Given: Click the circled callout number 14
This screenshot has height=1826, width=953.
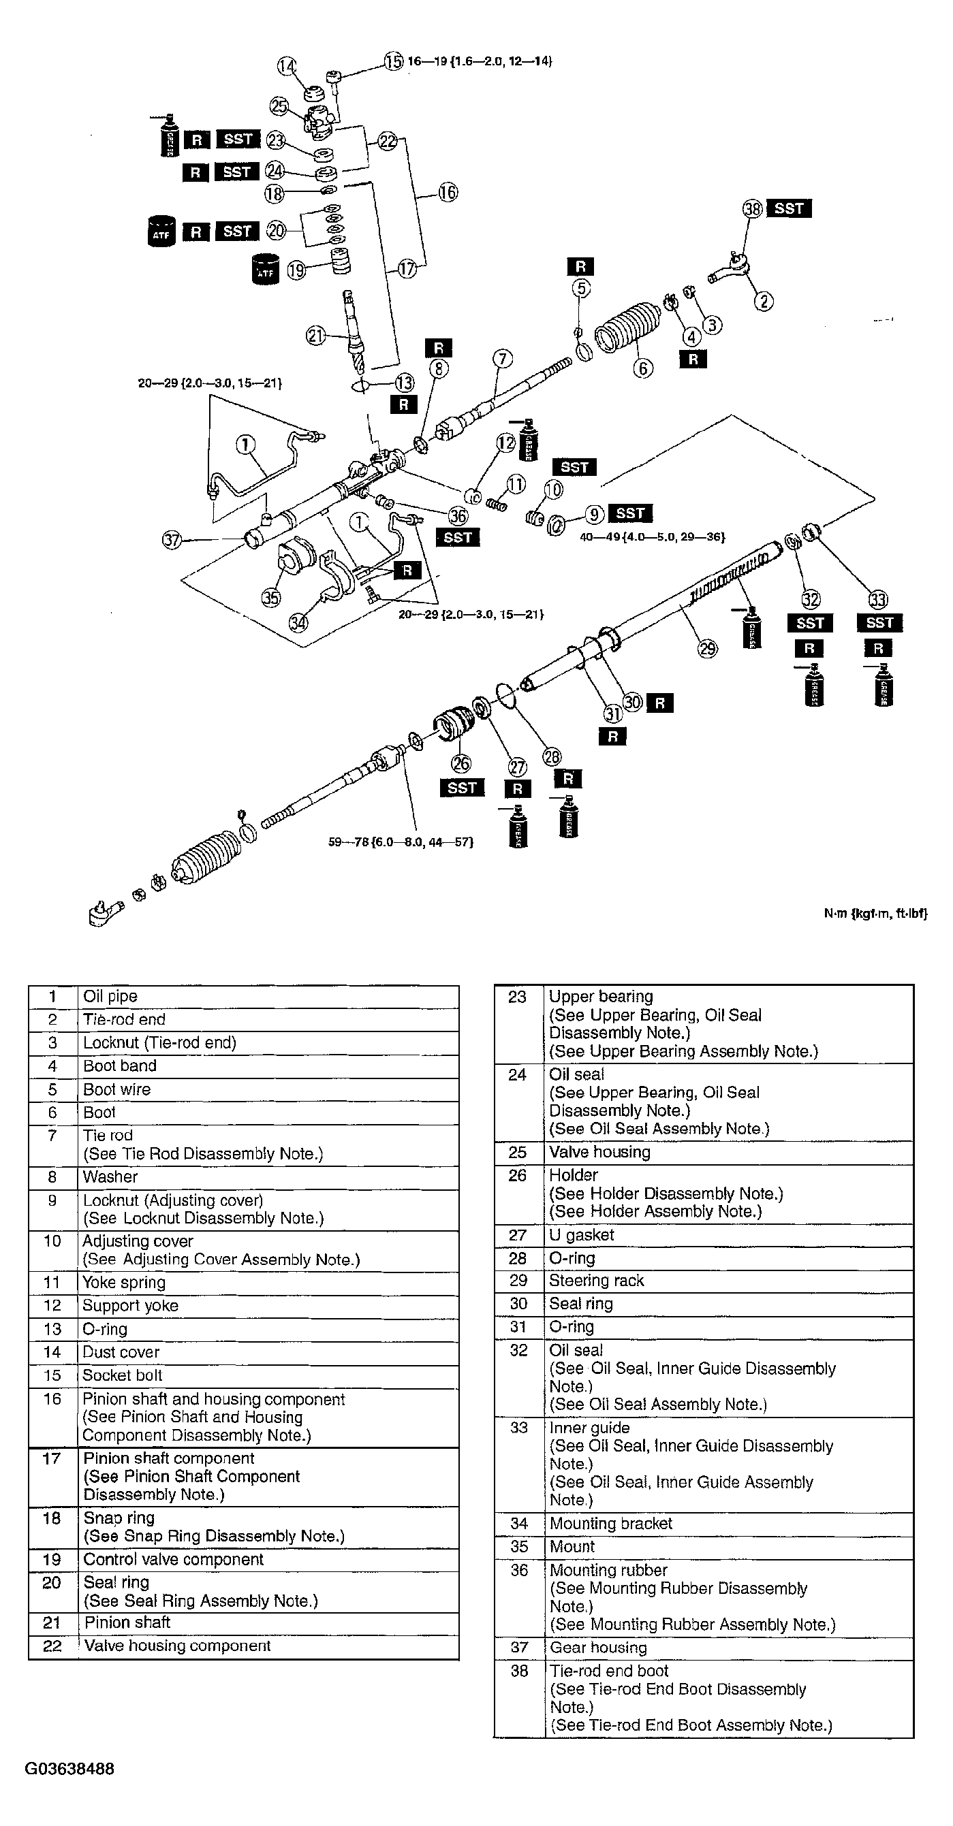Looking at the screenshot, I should tap(287, 67).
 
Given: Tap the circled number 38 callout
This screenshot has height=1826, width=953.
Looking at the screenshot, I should tap(751, 208).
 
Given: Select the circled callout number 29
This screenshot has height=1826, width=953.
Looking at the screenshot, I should tap(708, 648).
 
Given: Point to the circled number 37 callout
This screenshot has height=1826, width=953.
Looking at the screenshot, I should tap(172, 540).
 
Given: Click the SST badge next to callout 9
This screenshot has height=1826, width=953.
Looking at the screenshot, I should tap(629, 513).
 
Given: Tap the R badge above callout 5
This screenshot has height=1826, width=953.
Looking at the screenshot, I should tap(580, 266).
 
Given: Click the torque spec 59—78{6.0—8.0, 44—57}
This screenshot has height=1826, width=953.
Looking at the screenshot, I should tap(401, 842).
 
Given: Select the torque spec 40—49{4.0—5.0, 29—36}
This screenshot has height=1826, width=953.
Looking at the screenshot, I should tap(653, 537).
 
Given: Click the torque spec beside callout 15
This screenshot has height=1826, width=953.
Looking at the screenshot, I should tap(480, 61).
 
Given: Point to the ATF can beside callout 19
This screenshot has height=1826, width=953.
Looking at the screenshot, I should tap(266, 270).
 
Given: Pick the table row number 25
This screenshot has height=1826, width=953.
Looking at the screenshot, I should tap(518, 1152).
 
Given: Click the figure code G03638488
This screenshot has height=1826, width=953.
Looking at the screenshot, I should tap(69, 1769).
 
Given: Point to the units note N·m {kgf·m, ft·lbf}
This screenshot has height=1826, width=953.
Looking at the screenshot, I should tap(875, 914).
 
